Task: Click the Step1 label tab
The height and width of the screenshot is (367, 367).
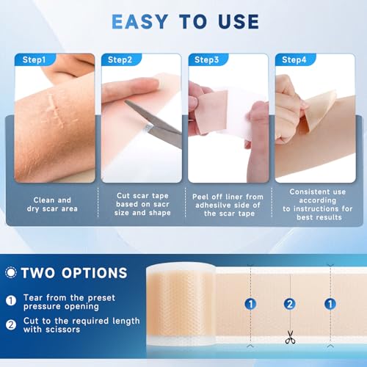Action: [x=33, y=59]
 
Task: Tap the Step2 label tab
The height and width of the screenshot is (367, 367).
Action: [x=120, y=59]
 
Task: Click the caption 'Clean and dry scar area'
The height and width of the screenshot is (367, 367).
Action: [x=54, y=203]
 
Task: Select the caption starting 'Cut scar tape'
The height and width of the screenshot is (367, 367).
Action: [x=140, y=203]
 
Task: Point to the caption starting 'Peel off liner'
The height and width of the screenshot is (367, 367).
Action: [x=227, y=203]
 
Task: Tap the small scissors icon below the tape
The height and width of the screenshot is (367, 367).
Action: [x=290, y=338]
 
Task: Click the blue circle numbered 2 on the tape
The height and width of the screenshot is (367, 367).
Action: [x=290, y=303]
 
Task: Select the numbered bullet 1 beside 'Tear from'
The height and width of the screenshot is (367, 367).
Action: [x=12, y=300]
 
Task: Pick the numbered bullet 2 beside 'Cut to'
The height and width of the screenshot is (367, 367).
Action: [x=12, y=325]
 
